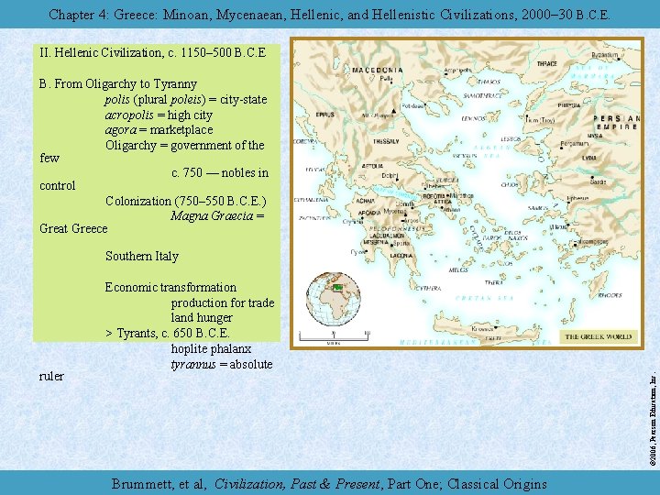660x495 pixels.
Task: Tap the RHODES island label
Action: [x=611, y=295]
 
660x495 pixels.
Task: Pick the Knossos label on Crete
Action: [x=484, y=327]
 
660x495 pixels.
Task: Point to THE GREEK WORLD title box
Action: [x=598, y=336]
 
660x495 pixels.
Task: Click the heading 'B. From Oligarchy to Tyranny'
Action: [x=119, y=83]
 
